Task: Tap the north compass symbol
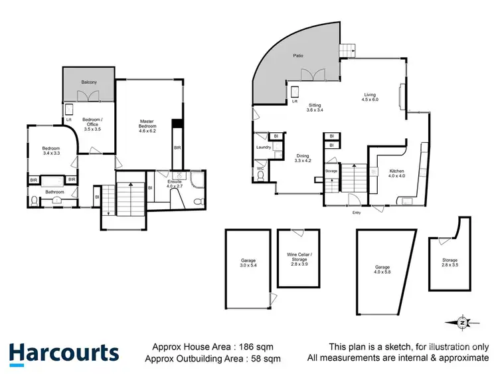click(463, 322)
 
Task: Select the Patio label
click(299, 55)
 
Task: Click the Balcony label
click(90, 82)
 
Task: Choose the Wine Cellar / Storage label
click(295, 258)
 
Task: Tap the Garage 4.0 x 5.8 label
click(381, 270)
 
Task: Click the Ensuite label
click(175, 183)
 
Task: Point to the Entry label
click(357, 213)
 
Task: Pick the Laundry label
click(263, 147)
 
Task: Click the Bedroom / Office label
click(91, 124)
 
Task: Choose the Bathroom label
click(55, 193)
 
